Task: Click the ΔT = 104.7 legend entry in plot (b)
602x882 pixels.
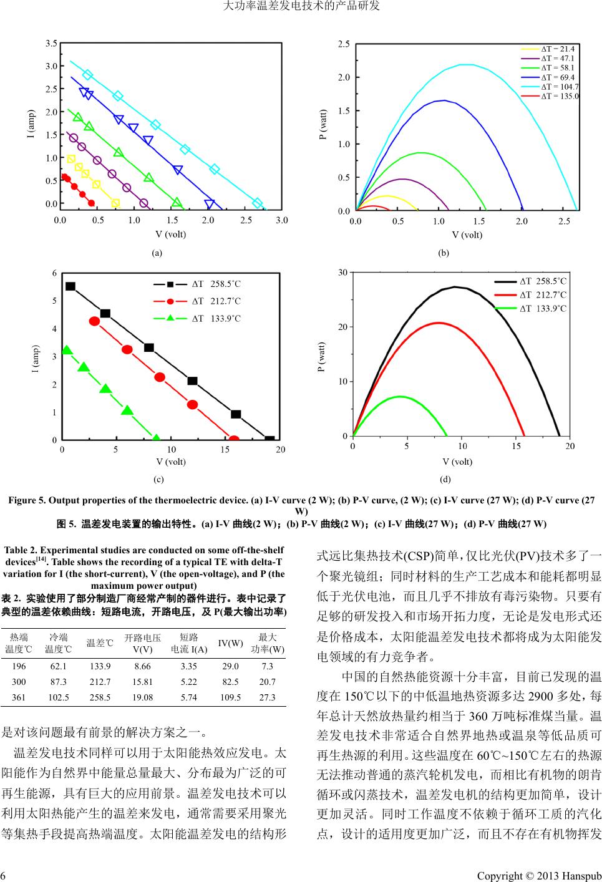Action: (559, 87)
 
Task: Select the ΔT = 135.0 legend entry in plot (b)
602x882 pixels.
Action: (559, 96)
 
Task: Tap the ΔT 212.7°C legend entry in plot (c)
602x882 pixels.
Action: (216, 301)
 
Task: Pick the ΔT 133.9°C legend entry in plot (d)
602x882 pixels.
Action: (543, 308)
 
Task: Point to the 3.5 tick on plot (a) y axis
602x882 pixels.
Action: (51, 43)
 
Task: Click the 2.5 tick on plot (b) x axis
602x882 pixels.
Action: (564, 221)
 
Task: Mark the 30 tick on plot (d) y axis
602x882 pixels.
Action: (343, 273)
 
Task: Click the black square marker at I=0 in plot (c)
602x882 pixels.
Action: (269, 440)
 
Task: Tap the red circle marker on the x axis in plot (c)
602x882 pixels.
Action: (234, 440)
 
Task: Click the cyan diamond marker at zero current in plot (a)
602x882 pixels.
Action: (257, 203)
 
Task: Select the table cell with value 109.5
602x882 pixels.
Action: (230, 697)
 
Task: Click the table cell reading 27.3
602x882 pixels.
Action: (267, 697)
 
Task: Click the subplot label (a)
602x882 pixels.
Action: (157, 253)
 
